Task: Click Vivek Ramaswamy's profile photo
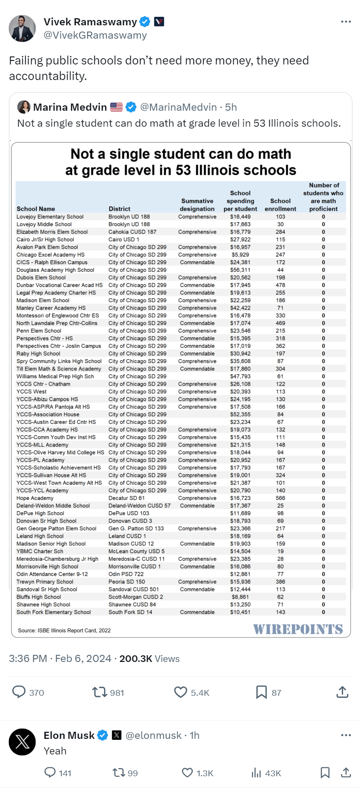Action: tap(22, 28)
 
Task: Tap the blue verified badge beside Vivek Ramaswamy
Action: tap(145, 21)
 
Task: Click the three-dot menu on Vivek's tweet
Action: tap(346, 22)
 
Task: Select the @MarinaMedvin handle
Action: tap(178, 107)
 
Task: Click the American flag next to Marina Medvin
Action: tap(116, 107)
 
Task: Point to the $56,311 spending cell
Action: tap(240, 270)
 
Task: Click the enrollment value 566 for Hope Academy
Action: tap(280, 498)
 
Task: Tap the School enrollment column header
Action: tap(280, 205)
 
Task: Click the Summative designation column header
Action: tap(197, 205)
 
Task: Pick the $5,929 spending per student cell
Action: tap(240, 255)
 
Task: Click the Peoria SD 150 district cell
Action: tap(127, 581)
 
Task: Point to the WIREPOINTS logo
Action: tap(298, 629)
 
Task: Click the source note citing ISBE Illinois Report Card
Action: tap(64, 630)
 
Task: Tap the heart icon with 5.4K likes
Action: tap(180, 692)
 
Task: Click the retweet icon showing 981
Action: tap(100, 692)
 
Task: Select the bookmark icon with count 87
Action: tap(261, 692)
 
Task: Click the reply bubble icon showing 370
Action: tap(19, 692)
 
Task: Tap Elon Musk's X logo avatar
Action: tap(22, 742)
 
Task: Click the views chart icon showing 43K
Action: tap(256, 773)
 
